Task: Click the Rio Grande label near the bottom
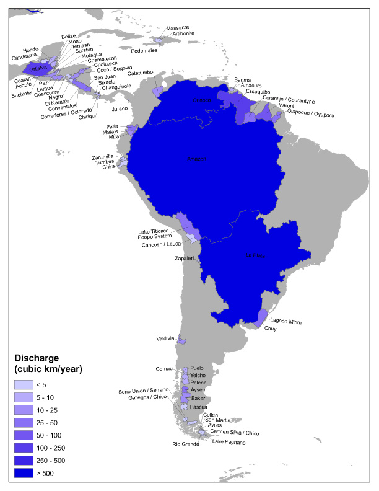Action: pos(186,444)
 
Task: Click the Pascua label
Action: pos(198,407)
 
